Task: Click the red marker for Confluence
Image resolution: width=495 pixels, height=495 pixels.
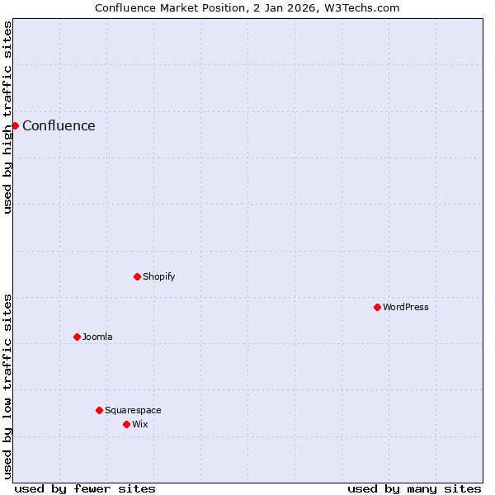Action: point(15,125)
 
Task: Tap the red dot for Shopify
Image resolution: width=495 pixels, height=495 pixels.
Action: point(137,276)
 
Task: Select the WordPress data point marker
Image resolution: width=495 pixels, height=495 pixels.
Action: point(377,307)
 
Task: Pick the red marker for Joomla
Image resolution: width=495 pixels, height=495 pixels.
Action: point(77,337)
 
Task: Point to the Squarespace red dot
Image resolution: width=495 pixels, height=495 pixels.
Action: point(99,410)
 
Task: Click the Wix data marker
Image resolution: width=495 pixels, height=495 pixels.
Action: point(126,424)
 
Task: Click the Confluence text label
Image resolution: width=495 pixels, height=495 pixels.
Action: point(59,126)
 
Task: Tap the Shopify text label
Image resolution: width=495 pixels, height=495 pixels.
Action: point(158,277)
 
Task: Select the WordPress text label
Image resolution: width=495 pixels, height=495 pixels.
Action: point(405,308)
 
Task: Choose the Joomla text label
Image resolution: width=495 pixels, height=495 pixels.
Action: point(97,337)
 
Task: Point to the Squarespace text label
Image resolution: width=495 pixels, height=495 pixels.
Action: point(133,411)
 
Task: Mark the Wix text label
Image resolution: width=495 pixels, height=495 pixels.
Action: point(139,425)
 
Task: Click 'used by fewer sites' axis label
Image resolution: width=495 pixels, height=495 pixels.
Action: point(85,488)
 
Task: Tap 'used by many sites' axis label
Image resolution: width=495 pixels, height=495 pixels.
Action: point(414,488)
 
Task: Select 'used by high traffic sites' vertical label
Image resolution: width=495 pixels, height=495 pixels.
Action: point(8,117)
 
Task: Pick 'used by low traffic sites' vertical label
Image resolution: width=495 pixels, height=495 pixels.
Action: point(8,386)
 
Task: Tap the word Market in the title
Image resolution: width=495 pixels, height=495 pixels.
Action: point(182,8)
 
